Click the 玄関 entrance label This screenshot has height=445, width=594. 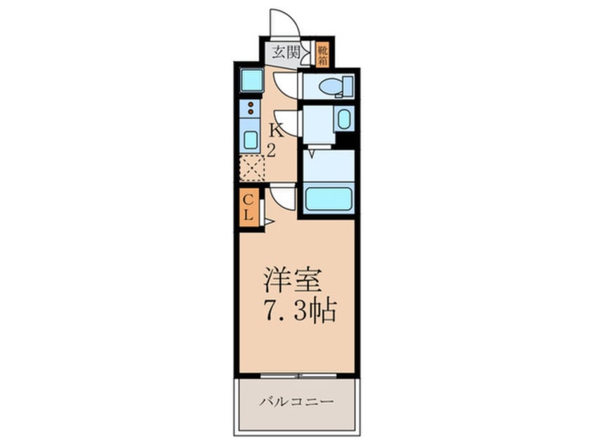[x=286, y=51]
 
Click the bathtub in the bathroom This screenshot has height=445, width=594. [x=328, y=198]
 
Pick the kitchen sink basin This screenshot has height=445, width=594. [x=251, y=139]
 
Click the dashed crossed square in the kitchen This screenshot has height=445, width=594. [x=251, y=169]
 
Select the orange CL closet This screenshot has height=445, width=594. [x=249, y=207]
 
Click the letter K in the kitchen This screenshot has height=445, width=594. [x=277, y=130]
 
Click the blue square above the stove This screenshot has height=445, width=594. [x=251, y=80]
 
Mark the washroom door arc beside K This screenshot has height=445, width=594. [x=288, y=122]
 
